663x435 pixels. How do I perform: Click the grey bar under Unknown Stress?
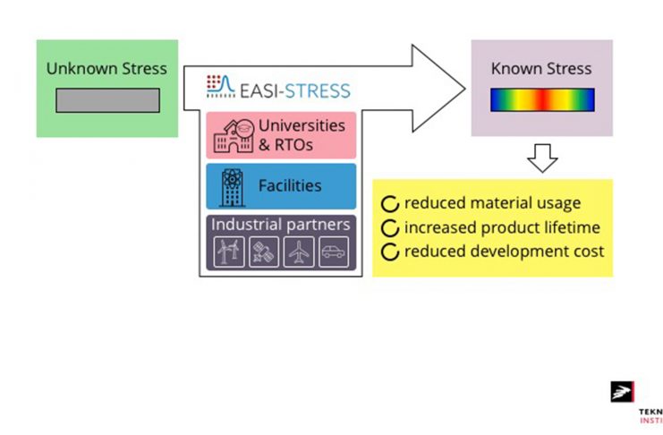tap(107, 100)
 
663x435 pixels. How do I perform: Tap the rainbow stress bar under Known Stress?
tap(541, 99)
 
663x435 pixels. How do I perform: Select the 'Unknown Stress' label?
tap(106, 68)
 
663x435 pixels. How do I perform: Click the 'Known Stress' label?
tap(541, 68)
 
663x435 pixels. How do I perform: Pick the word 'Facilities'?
tap(290, 186)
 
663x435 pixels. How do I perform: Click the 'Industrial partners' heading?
tap(280, 225)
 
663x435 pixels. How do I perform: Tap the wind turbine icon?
tap(227, 252)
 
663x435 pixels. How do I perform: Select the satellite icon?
tap(263, 252)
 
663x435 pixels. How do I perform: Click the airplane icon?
tap(299, 252)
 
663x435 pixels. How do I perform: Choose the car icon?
tap(335, 252)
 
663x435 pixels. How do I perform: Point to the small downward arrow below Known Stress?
tap(541, 158)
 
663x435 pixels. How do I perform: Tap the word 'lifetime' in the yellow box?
tap(569, 227)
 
